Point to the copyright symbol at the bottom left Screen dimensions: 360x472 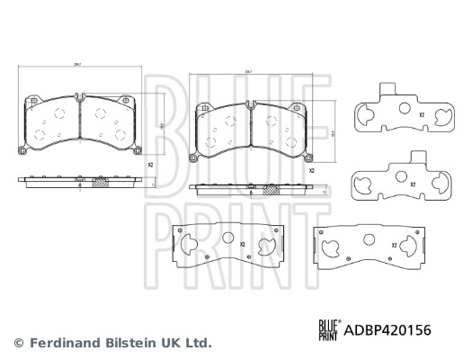(18, 343)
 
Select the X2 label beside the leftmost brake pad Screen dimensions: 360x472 (150, 166)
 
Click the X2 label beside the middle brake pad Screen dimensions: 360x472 (312, 170)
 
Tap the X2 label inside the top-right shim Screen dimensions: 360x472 (421, 116)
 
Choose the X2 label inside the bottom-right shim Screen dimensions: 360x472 (394, 245)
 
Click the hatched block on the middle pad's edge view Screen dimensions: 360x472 (268, 190)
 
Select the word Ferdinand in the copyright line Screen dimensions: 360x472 (64, 343)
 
